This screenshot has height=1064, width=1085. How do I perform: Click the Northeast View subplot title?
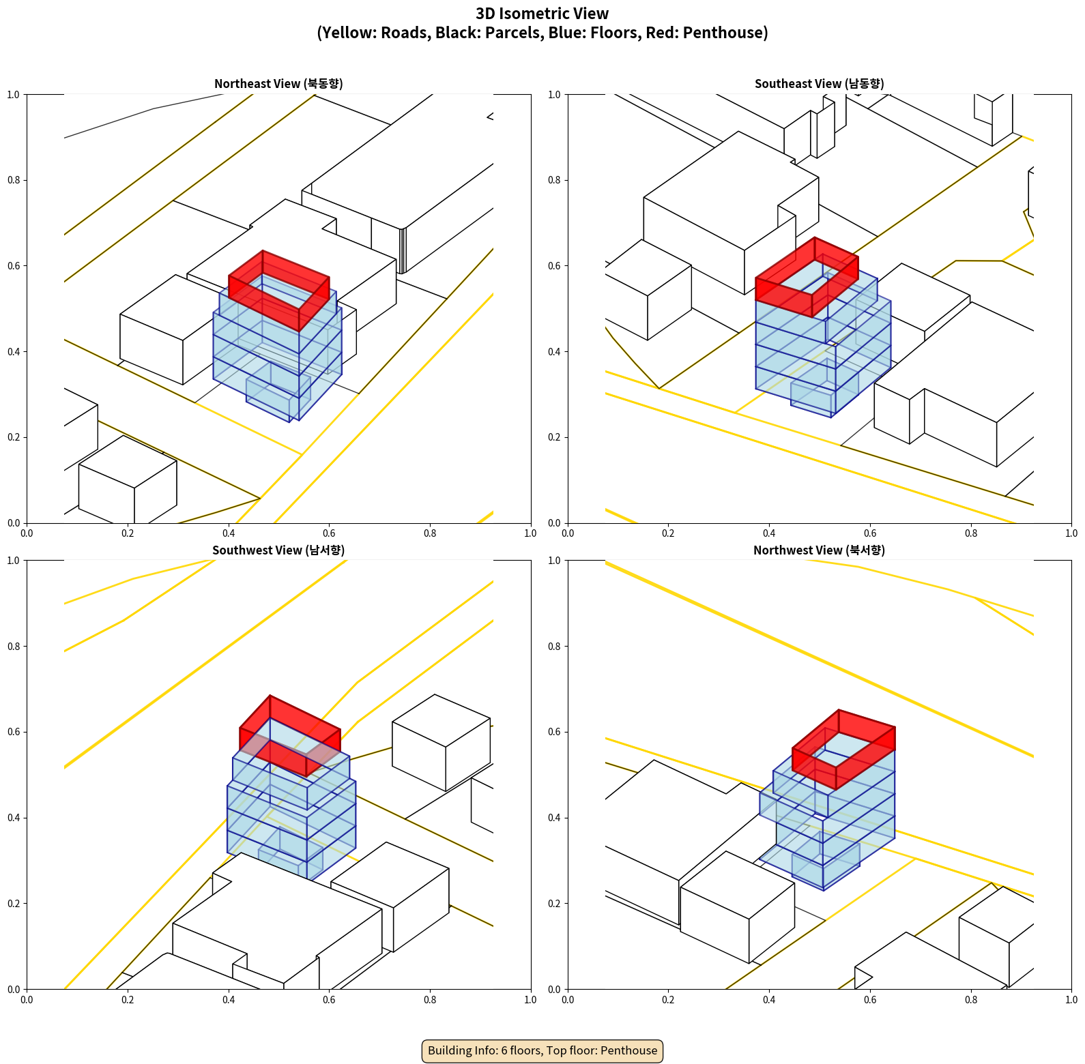pos(278,84)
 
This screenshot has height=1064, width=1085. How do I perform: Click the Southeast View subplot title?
pos(819,84)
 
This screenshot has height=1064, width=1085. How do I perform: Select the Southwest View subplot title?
pos(278,550)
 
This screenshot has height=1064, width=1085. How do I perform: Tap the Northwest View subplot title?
pos(819,550)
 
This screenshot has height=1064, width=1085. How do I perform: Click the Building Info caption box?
pos(542,1050)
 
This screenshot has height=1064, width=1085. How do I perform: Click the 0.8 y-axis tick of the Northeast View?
pos(14,180)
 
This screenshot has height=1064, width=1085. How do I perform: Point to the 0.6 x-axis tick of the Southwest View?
pos(329,1000)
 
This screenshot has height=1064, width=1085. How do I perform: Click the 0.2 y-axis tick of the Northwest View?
pos(554,903)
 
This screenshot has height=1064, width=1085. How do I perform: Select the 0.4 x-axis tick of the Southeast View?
pos(769,533)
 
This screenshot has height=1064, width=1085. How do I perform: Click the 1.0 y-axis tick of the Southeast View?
pos(554,95)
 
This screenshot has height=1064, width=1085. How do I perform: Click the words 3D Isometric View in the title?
pos(542,14)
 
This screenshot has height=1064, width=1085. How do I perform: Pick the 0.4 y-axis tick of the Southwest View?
pos(14,817)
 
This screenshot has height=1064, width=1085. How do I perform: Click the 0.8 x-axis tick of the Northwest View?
pos(971,1000)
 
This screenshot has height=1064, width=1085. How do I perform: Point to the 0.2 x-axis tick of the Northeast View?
pos(128,533)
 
